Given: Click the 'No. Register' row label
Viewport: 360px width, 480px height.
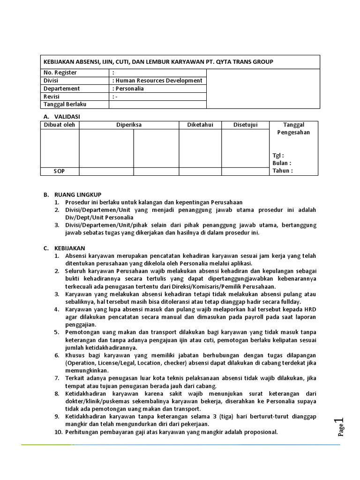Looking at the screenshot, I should click(60, 73).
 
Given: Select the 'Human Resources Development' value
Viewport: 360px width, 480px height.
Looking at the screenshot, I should click(158, 81).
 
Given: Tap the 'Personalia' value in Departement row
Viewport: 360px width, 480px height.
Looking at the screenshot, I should click(129, 89).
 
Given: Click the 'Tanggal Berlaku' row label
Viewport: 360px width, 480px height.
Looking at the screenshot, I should click(65, 104).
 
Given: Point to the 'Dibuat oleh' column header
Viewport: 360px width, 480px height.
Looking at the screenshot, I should click(59, 125).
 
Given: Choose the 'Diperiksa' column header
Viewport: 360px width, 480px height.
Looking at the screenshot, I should click(129, 125).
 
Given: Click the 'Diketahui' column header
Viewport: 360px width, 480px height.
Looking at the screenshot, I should click(200, 125).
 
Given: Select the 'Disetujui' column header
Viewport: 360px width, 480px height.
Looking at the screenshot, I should click(245, 125).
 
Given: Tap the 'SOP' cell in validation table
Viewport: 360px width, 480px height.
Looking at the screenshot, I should click(59, 171).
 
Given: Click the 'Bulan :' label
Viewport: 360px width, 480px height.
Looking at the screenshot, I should click(282, 163).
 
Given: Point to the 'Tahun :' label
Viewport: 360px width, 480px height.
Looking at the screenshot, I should click(283, 171).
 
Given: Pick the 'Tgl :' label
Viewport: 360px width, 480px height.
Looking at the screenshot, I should click(278, 156).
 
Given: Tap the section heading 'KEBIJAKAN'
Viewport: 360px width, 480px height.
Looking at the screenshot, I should click(70, 248).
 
